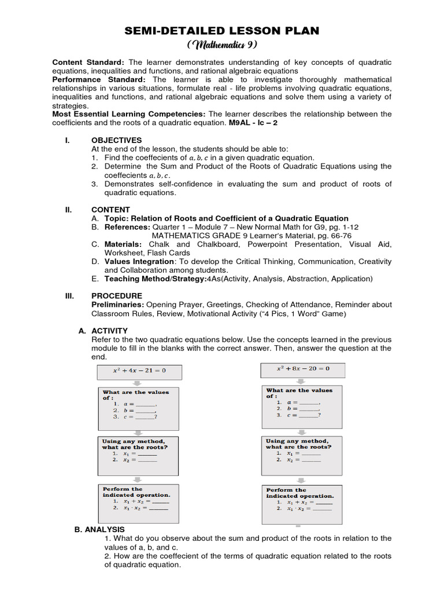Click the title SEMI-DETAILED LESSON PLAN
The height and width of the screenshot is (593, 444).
coord(221,31)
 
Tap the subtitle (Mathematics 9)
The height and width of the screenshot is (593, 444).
coord(221,45)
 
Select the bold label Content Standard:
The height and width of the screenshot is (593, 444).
coord(88,62)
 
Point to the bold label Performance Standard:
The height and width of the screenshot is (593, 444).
coord(99,79)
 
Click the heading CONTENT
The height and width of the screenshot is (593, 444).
coord(110,210)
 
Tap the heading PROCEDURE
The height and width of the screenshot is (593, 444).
coord(116,296)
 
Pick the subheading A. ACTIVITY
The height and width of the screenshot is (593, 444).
coord(103,331)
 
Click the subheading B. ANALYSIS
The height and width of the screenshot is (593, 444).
coord(99,529)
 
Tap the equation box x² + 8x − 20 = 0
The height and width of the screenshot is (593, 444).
coord(303,368)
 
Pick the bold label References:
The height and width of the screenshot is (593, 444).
coord(127,227)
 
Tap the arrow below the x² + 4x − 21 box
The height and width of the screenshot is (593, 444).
coord(138,383)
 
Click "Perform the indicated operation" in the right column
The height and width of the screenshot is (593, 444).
coord(299,493)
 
